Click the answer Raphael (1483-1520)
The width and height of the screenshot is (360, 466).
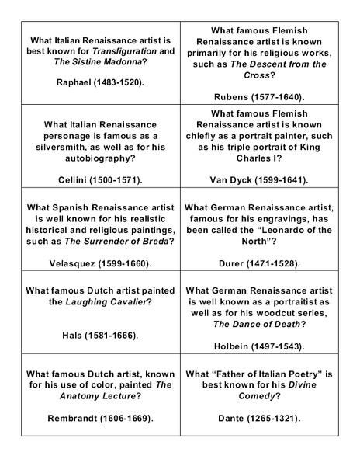(101, 82)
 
